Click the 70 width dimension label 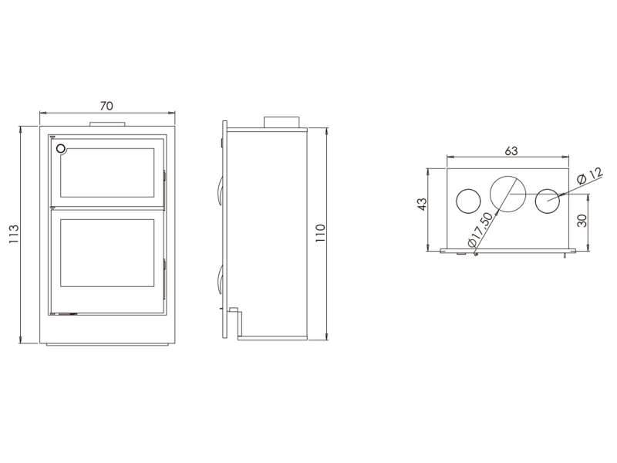coord(106,106)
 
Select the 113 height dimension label coord(14,234)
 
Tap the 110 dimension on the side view coord(321,233)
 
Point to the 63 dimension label coord(511,150)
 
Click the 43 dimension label coord(421,204)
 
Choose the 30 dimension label coord(583,221)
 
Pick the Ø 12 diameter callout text coord(589,175)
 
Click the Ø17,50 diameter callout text coord(480,229)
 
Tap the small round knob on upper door coord(61,148)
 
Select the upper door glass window coord(107,173)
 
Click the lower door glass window coord(107,253)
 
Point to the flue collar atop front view coord(107,124)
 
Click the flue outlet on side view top coord(282,122)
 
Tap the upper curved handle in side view coord(220,191)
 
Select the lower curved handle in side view coord(220,279)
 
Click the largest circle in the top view coord(508,194)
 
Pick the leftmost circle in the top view coord(468,201)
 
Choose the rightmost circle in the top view coord(548,201)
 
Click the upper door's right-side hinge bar coord(164,189)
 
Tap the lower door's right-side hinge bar coord(164,279)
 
